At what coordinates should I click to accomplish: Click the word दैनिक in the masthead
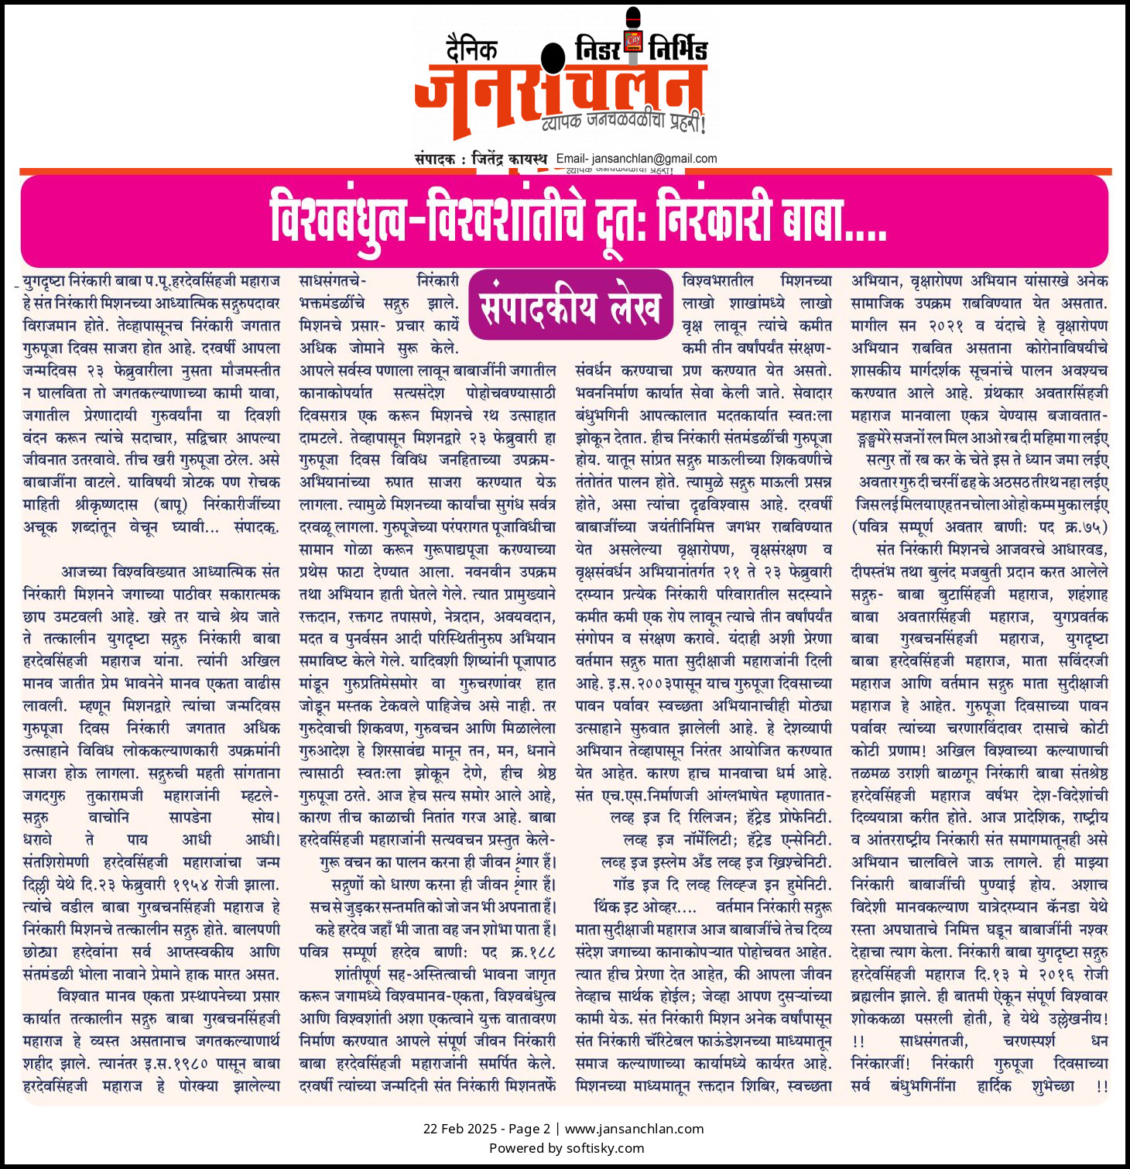(471, 50)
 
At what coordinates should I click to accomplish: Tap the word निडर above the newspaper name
(598, 50)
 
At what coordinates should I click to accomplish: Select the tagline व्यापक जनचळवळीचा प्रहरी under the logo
(623, 122)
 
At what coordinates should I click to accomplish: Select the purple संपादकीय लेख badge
(570, 306)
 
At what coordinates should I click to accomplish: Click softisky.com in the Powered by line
(605, 1148)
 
